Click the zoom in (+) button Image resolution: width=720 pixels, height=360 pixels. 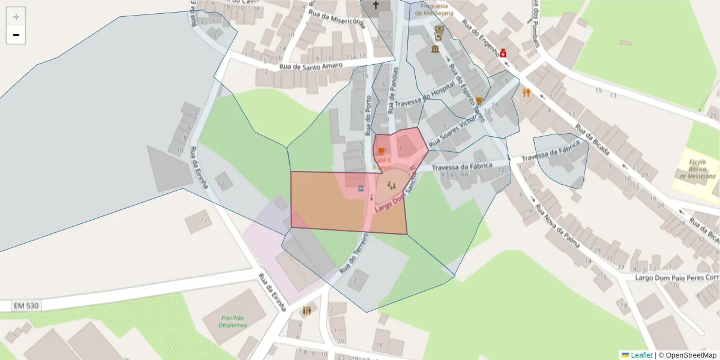coord(16,17)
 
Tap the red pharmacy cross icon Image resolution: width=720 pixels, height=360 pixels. coord(503,53)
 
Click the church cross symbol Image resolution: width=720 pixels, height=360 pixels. coord(376,5)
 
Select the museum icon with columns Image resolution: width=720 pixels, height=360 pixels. coord(435,49)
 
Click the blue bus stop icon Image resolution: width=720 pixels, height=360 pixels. coord(361,188)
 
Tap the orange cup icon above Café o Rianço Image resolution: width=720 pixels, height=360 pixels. coord(382,151)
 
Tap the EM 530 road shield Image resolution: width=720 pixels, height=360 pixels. coord(26,306)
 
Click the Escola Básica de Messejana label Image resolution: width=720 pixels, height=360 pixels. coord(698,169)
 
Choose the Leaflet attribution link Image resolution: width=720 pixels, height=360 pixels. coord(637,355)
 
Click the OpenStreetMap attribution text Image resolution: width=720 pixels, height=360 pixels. coord(687,355)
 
